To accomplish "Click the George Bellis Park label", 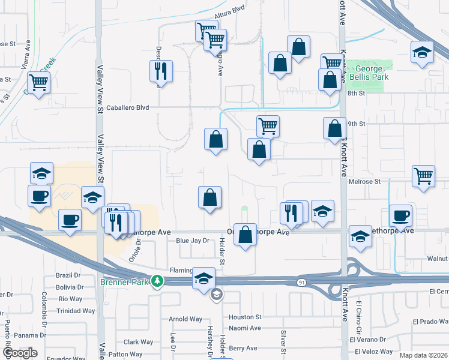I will pos(369,73).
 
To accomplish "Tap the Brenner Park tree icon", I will pos(157,281).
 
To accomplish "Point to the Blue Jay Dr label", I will pos(192,241).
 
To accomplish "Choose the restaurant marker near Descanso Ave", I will pos(161,71).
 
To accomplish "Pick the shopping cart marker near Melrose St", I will pos(423,176).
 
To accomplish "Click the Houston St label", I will pos(245,317).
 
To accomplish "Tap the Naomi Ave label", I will pos(244,328).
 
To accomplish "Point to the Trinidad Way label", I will pos(76,311).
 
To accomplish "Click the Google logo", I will pos(20,353).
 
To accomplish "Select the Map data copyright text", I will pos(423,355).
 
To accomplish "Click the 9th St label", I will pos(357,124).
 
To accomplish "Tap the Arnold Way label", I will pos(185,319).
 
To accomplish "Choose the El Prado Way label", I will pos(431,322).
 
